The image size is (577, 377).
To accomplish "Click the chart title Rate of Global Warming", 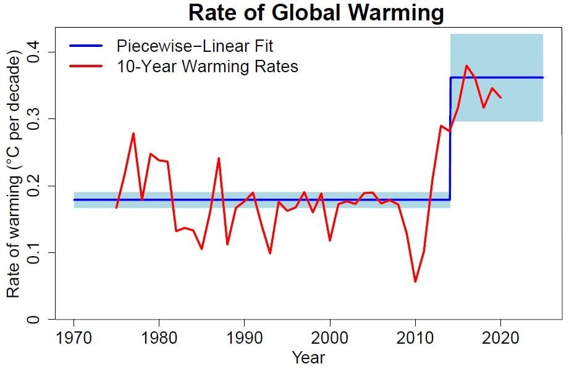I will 316,13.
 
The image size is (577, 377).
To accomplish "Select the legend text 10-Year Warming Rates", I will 207,66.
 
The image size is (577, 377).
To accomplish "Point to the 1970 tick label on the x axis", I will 74,339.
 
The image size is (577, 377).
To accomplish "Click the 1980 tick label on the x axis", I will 159,339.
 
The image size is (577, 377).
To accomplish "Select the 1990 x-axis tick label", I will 245,339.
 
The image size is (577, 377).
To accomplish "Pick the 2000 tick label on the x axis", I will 330,339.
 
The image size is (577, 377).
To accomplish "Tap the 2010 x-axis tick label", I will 415,339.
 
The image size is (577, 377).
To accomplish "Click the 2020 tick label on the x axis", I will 500,339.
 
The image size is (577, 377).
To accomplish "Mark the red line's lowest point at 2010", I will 415,281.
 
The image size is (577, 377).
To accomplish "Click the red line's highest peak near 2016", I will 466,65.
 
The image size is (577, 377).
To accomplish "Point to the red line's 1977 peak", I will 133,133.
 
